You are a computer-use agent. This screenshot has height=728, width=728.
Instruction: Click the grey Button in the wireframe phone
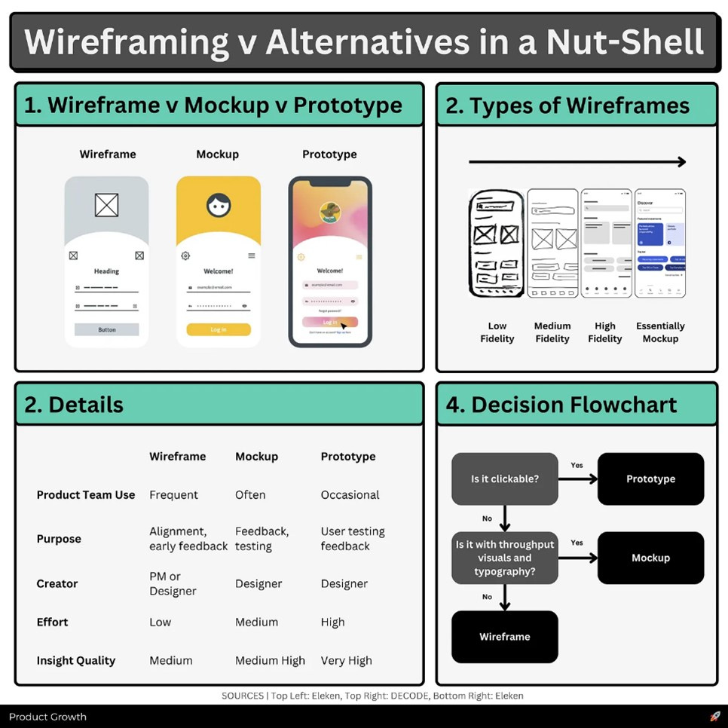click(x=106, y=329)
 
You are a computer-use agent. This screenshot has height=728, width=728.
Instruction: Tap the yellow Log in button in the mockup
click(x=219, y=329)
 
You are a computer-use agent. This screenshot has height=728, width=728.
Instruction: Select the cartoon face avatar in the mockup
click(x=219, y=204)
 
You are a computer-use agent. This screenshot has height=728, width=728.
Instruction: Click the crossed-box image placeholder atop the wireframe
click(x=106, y=205)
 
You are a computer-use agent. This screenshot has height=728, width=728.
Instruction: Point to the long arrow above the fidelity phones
click(x=577, y=162)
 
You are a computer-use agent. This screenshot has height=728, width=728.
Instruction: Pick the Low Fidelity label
click(x=497, y=332)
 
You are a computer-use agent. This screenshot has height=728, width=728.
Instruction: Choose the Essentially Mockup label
click(x=660, y=332)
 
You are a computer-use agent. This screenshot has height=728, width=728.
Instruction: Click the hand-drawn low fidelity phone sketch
click(x=496, y=243)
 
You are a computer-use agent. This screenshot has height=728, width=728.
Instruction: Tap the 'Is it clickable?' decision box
click(x=504, y=479)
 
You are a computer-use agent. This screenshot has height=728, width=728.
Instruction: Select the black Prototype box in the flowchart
click(x=650, y=479)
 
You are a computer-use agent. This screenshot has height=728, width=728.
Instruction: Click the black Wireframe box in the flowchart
click(x=504, y=637)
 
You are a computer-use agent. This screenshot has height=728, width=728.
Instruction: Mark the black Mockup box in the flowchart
click(x=650, y=558)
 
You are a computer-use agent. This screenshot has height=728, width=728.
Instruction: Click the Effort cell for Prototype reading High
click(x=332, y=622)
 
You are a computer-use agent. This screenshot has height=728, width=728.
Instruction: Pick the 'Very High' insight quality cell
click(x=346, y=661)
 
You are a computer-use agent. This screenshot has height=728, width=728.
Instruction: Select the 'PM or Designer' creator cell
click(x=173, y=584)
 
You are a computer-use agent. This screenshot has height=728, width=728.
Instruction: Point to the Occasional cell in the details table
click(x=350, y=495)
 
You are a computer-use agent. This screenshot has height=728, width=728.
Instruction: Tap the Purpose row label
click(x=59, y=540)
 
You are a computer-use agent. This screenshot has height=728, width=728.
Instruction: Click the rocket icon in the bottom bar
click(x=715, y=717)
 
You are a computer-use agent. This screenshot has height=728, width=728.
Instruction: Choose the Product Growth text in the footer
click(x=47, y=717)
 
